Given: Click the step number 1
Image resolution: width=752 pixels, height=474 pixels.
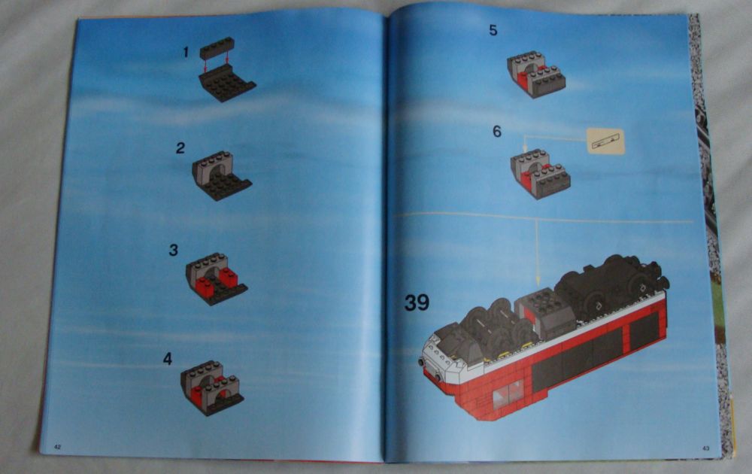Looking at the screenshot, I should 185,52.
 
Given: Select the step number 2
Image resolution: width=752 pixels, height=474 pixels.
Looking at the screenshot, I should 180,148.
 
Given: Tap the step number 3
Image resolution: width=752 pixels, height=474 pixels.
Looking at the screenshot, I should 174,250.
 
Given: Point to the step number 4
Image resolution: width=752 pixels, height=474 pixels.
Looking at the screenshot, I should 168,359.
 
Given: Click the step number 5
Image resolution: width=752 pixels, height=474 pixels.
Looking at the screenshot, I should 493,31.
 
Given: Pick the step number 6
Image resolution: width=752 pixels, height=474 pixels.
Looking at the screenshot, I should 497,131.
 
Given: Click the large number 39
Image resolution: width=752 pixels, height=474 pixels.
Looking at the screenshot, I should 417,302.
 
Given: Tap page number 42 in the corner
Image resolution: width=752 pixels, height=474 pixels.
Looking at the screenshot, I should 57,446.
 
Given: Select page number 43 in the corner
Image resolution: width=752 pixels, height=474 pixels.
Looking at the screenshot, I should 706,448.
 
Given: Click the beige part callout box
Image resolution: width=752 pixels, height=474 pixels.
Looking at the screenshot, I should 605,141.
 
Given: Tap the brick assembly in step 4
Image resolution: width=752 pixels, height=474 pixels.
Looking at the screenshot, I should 212,387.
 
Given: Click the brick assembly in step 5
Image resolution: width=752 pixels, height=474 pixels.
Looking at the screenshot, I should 535,74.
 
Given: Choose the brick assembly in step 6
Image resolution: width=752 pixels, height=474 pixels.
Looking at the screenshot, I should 539,173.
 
